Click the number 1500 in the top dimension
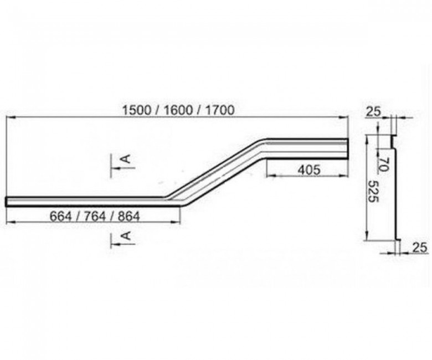137,110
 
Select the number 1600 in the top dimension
178,110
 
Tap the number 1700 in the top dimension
219,110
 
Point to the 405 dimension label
310,169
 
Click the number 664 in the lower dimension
60,216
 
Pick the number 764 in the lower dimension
95,216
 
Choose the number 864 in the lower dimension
128,216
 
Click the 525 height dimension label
374,191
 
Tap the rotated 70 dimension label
383,164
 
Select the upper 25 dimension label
373,111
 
